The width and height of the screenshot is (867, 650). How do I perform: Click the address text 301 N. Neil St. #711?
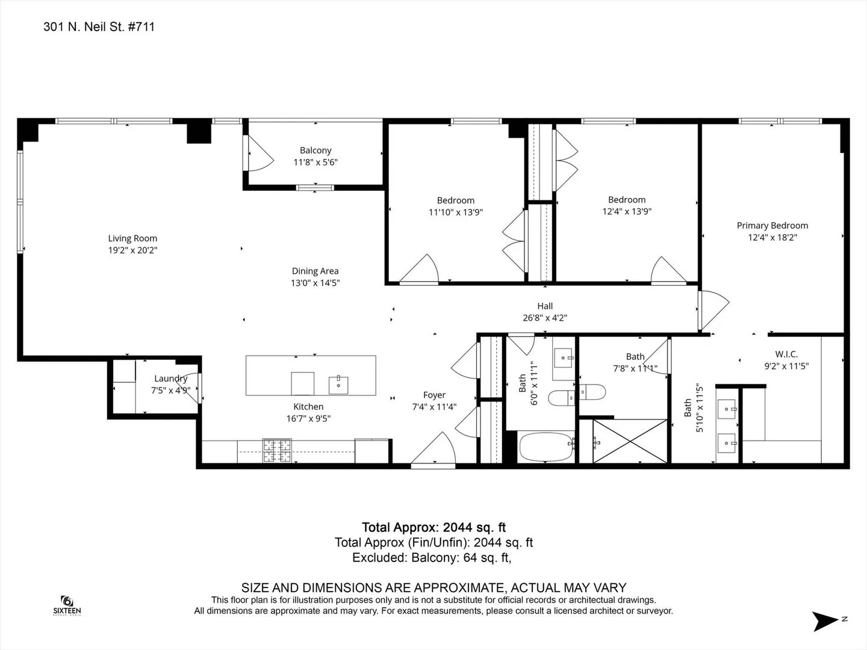(x=99, y=27)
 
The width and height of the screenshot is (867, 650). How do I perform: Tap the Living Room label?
(x=132, y=238)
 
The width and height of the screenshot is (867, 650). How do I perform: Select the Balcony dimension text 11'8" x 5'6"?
(x=315, y=162)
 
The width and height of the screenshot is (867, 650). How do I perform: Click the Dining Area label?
(x=315, y=271)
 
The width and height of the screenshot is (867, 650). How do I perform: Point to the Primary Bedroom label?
(x=772, y=226)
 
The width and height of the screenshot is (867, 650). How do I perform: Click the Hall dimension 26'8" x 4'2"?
(x=545, y=318)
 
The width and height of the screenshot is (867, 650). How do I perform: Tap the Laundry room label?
(x=170, y=379)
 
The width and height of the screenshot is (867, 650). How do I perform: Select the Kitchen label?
(x=308, y=406)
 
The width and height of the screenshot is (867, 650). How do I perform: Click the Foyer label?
(x=434, y=395)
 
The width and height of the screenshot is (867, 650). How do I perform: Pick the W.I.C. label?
(x=786, y=354)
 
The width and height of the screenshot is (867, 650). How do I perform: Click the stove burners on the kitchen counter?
(x=278, y=450)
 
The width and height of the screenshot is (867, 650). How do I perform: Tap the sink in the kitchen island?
(x=338, y=385)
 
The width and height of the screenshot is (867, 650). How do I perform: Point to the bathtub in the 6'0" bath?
(x=546, y=447)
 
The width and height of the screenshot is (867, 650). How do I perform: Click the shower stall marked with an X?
(x=630, y=441)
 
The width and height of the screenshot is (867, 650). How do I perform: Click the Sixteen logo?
(x=67, y=606)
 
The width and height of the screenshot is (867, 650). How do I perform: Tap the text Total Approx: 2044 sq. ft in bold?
(x=433, y=527)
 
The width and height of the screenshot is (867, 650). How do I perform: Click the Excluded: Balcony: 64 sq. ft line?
(x=432, y=558)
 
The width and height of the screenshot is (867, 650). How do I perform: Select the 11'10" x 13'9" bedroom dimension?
(x=456, y=212)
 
